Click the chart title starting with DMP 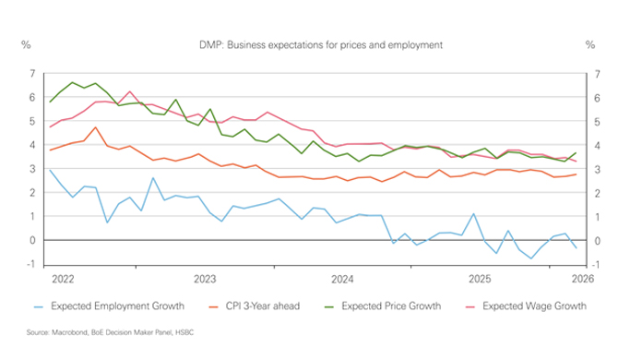321,44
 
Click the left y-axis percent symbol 26,44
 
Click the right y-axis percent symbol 590,44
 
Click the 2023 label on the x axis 204,278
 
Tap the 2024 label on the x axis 342,278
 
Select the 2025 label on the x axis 480,278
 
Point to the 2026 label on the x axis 582,278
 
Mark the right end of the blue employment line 577,247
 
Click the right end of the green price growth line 577,152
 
